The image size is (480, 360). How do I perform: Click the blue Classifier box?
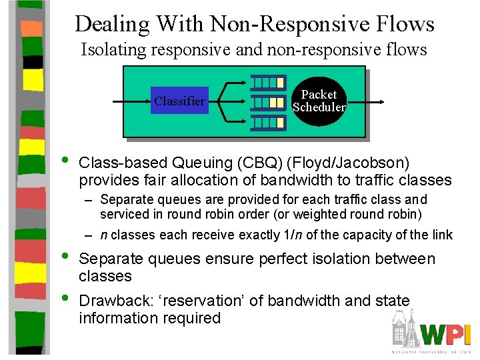coord(179,101)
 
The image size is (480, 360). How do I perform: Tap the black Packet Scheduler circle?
coord(319,101)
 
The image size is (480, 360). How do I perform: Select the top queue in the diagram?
coord(268,83)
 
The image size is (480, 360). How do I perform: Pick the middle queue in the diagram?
coord(268,102)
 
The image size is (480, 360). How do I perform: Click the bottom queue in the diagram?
coord(268,122)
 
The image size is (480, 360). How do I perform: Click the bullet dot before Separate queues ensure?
coord(64,257)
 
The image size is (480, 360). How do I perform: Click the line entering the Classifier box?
coord(130,101)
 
